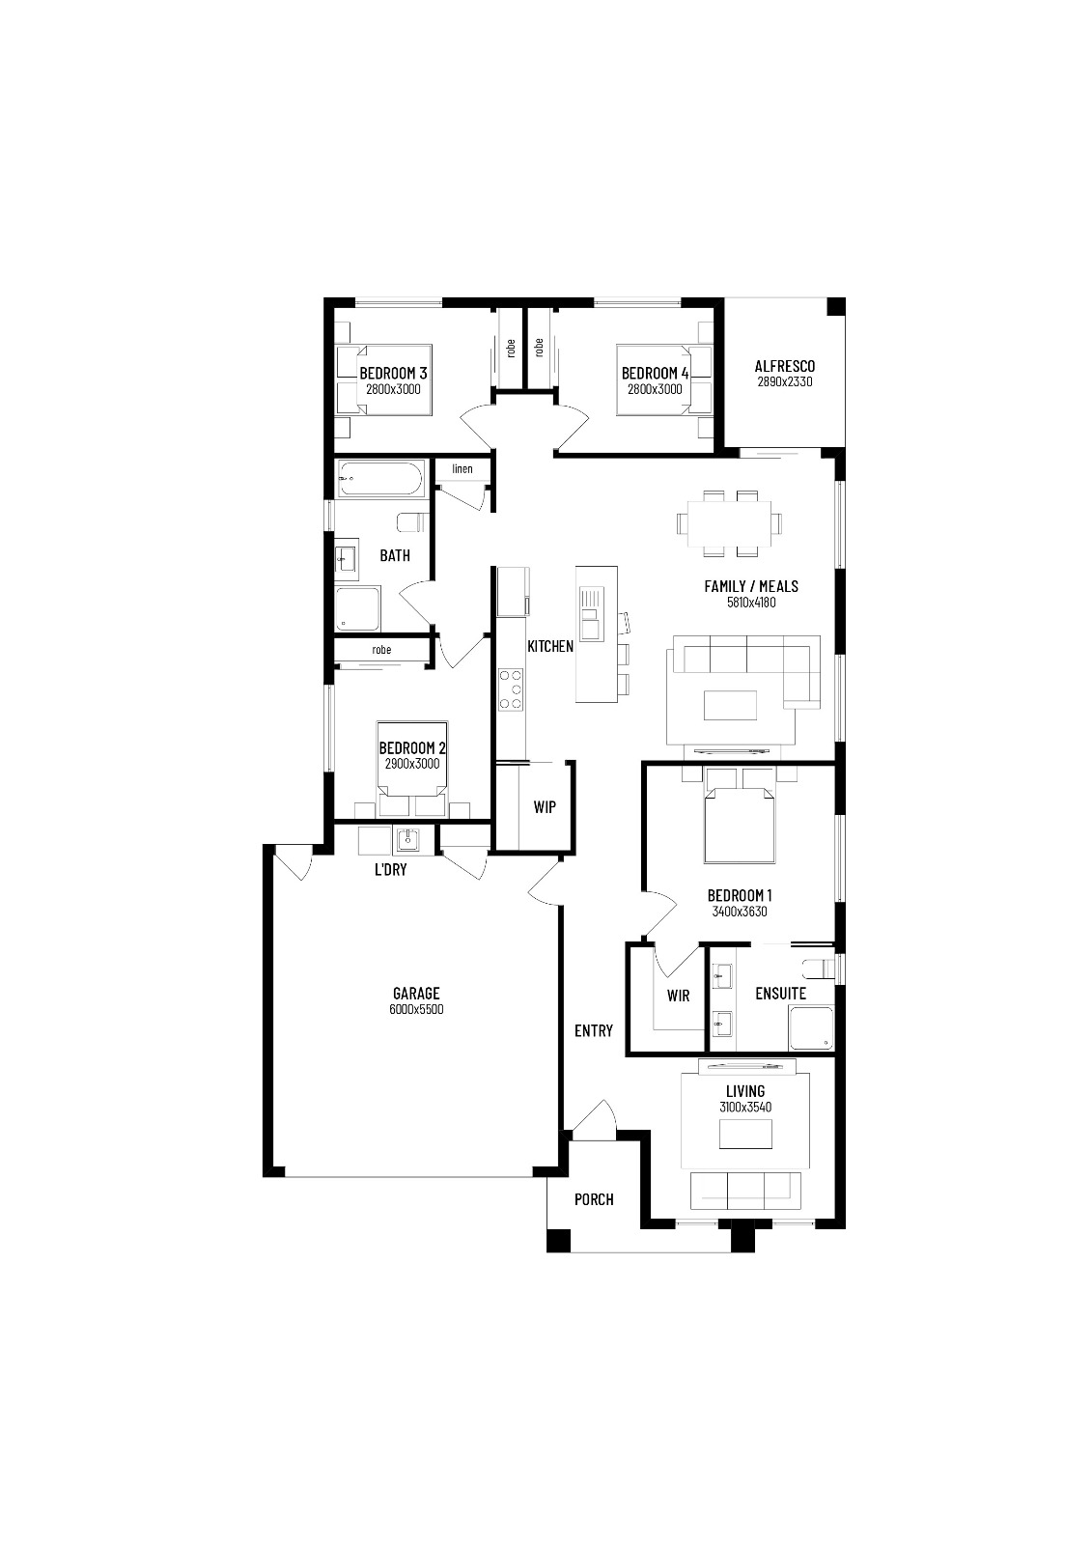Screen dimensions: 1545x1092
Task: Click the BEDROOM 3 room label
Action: (x=393, y=373)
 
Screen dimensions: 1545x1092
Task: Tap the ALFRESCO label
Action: (x=784, y=366)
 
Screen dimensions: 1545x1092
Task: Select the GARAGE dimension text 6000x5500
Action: (x=416, y=1010)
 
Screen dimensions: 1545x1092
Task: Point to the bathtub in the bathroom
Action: (x=380, y=479)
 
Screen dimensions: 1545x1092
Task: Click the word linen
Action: (x=462, y=469)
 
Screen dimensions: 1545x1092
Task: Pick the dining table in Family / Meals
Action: (x=729, y=523)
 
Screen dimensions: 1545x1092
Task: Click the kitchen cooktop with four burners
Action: (x=511, y=689)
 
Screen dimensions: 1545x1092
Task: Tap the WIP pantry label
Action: (x=545, y=807)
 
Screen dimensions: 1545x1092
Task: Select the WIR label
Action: (x=678, y=996)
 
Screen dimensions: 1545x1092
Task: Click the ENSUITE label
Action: (x=780, y=993)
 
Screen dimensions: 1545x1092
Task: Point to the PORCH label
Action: (x=594, y=1199)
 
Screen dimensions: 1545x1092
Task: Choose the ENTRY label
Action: (x=593, y=1031)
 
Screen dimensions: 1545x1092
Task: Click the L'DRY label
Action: (x=390, y=869)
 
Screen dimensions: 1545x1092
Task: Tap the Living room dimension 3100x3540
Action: (x=744, y=1108)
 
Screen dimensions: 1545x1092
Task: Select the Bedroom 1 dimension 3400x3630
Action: (x=739, y=912)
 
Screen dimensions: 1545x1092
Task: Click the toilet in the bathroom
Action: (x=411, y=522)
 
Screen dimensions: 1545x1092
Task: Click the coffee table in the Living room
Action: (x=744, y=1134)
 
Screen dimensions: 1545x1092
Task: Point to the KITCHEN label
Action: (x=549, y=646)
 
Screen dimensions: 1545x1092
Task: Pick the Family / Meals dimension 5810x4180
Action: (x=750, y=603)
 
